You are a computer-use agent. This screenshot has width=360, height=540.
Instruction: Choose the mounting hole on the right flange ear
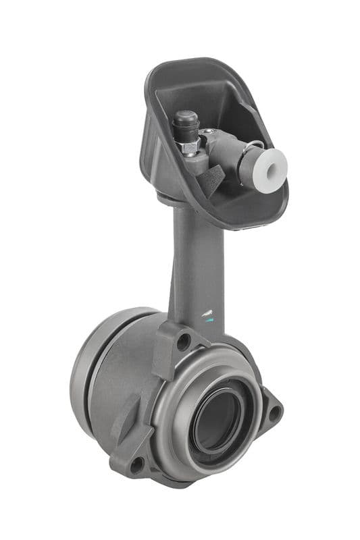pyautogui.click(x=274, y=412)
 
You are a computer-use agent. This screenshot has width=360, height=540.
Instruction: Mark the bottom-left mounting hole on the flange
pyautogui.click(x=136, y=464)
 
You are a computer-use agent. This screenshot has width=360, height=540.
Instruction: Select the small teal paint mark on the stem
pyautogui.click(x=209, y=321)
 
